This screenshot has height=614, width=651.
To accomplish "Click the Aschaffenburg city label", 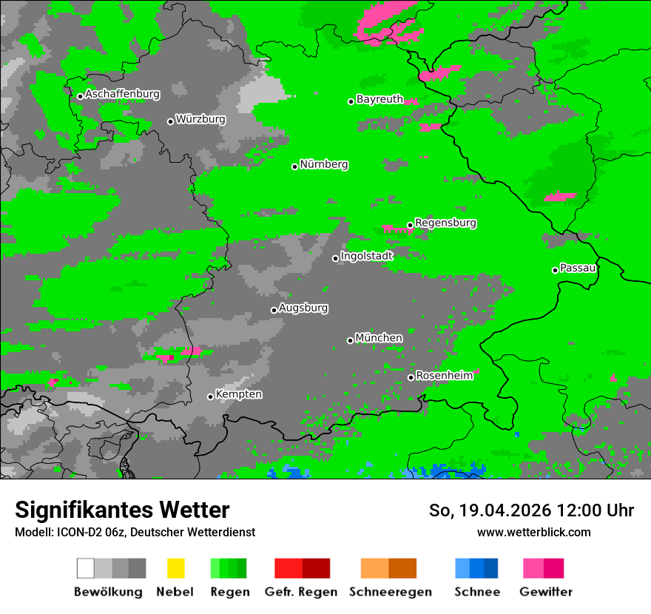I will (x=122, y=94).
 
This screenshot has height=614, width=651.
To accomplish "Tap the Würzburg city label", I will (x=200, y=119).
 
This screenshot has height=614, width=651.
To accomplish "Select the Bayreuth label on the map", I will (x=380, y=99).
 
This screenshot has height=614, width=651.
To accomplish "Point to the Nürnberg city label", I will (x=324, y=164).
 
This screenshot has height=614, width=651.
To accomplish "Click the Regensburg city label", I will (x=445, y=223).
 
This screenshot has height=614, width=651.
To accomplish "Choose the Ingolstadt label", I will (x=367, y=256).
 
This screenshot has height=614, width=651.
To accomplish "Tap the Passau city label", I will (x=578, y=268).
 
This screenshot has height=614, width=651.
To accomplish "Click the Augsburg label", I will (x=303, y=308).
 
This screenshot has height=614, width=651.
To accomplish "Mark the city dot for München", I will (x=350, y=340).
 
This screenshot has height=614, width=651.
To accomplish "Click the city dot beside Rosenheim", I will (x=411, y=378).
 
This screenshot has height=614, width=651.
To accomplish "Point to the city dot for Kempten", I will (x=210, y=397).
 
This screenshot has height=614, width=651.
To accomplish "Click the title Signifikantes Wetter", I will (x=122, y=510).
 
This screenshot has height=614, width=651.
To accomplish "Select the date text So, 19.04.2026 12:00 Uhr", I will (x=531, y=510).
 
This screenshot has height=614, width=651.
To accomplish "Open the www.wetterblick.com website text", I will (x=533, y=532).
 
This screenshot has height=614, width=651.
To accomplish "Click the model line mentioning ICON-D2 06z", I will (x=135, y=532).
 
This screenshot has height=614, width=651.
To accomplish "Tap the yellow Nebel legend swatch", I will (x=175, y=568).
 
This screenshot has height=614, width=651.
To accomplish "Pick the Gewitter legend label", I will (x=545, y=592).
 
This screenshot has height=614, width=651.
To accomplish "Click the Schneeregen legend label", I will (x=391, y=592).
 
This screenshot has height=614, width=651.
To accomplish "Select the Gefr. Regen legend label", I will (x=301, y=592).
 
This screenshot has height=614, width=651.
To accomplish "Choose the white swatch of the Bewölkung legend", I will (x=85, y=568).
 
